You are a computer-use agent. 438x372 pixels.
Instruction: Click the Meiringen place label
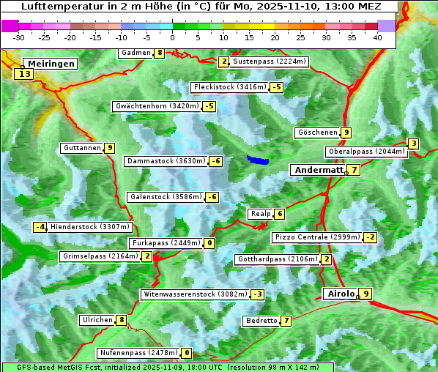tap(50, 64)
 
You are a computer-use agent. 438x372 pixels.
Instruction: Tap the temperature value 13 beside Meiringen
tap(25, 74)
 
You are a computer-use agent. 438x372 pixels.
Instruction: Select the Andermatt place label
tap(318, 170)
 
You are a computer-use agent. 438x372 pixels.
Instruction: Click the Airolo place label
tap(341, 294)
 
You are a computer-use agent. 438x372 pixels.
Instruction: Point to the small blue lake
tap(257, 160)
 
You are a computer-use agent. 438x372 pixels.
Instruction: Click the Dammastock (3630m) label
tap(165, 161)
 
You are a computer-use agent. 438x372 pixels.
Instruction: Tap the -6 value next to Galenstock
tap(212, 197)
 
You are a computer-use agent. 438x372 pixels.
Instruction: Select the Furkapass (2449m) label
tap(165, 242)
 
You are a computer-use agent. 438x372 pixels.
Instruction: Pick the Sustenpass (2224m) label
tap(264, 62)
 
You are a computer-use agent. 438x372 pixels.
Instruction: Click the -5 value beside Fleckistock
tap(275, 87)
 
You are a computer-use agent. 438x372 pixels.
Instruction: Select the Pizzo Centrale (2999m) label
tap(317, 237)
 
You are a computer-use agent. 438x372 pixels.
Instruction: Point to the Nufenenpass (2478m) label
tap(138, 353)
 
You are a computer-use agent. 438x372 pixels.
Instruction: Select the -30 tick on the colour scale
tap(20, 37)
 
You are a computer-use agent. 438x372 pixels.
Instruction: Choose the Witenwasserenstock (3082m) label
tap(194, 294)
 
